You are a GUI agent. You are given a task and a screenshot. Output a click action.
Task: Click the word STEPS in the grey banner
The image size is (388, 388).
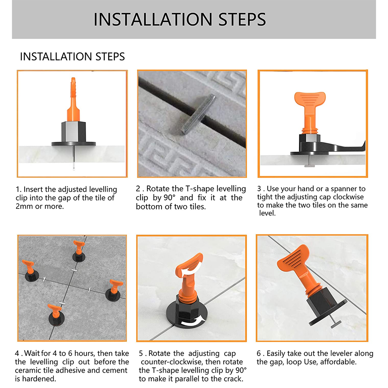click(242, 19)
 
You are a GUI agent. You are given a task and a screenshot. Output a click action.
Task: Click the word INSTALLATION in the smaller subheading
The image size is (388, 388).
click(56, 57)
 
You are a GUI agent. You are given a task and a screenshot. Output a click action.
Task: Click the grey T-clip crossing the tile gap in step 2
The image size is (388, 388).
click(198, 114)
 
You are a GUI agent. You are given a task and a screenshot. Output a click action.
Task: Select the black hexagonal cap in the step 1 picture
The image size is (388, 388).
click(73, 132)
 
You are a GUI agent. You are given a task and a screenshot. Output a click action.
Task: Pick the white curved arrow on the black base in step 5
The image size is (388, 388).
click(194, 322)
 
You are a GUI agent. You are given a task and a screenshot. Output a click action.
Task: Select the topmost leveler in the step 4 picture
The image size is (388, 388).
click(79, 251)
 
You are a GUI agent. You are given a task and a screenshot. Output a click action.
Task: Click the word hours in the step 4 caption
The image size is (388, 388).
click(84, 353)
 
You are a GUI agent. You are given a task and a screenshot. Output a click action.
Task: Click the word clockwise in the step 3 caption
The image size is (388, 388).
click(348, 197)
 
